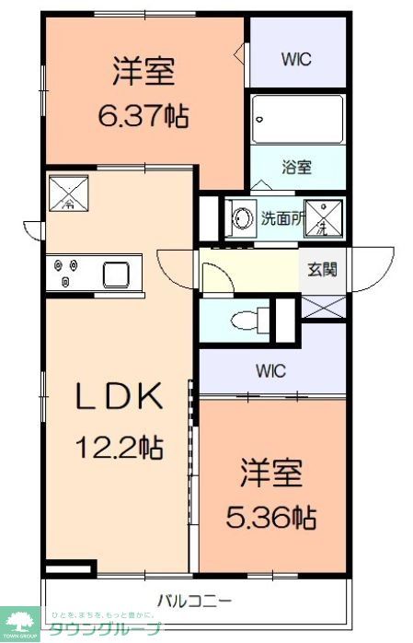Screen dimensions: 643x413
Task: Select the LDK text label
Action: coord(119,398)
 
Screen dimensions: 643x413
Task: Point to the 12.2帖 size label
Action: coord(119,448)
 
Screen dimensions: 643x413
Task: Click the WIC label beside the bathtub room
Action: coord(296,59)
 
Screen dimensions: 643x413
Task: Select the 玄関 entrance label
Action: coord(321,269)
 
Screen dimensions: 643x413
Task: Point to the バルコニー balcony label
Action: coord(193,601)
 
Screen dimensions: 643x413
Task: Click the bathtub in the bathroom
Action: coord(298,119)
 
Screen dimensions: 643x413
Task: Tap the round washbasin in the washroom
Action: coord(243,219)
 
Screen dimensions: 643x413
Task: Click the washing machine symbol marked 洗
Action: coord(323,219)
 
